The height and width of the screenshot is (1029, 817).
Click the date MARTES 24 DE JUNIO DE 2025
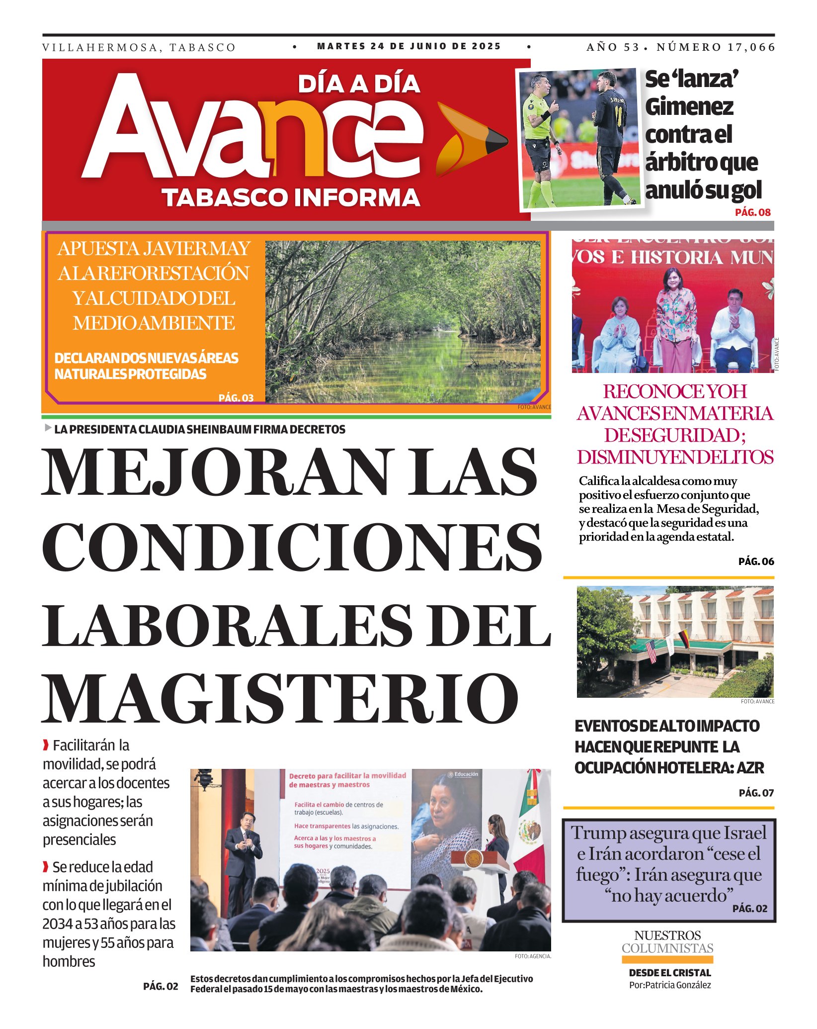tap(408, 46)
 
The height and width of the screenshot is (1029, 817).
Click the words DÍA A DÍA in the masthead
tap(359, 84)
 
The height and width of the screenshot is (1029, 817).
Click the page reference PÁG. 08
tap(752, 212)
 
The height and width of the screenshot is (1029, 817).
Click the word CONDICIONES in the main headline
tap(292, 547)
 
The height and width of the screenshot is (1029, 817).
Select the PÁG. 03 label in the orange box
tap(236, 398)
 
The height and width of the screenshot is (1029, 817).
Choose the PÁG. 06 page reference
tap(756, 561)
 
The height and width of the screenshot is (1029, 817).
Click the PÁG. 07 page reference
tap(756, 793)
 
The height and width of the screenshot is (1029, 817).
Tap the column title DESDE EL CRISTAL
tap(670, 973)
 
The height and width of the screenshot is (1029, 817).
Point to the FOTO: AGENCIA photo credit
tap(533, 956)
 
